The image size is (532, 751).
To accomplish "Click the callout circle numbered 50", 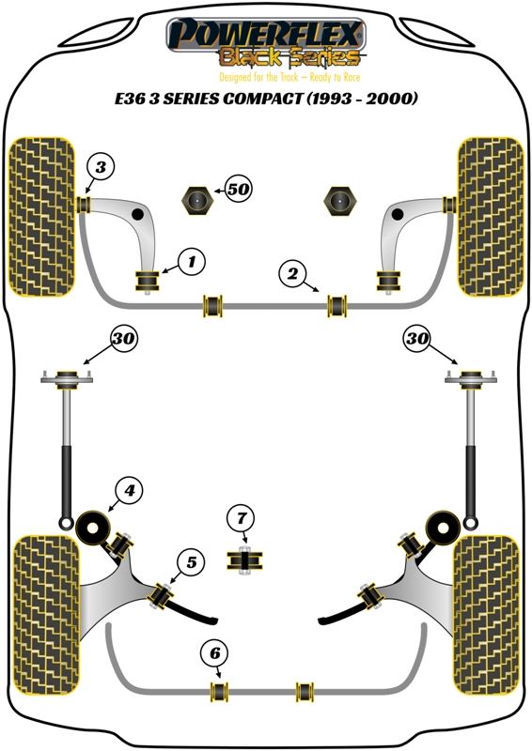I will click(x=239, y=190).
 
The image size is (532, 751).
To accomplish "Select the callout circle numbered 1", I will click(x=191, y=261).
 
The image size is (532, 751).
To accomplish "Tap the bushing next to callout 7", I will click(x=243, y=560).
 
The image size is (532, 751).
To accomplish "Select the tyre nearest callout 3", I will click(x=42, y=214).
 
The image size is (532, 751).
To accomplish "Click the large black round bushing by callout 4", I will click(x=96, y=527).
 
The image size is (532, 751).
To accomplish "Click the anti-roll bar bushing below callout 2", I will click(x=336, y=305).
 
